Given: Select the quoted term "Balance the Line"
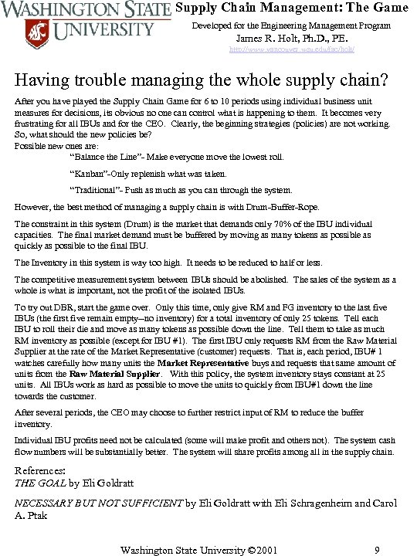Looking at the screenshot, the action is point(104,158).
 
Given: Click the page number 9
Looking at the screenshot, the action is point(376,550).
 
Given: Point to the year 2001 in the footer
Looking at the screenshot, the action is point(263,550).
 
